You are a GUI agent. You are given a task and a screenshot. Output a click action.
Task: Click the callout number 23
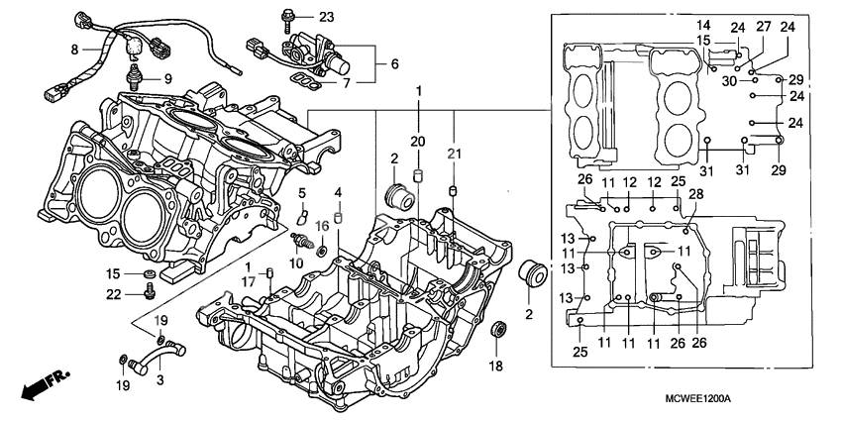(327, 17)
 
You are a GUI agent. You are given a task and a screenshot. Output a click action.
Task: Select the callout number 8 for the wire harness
(74, 48)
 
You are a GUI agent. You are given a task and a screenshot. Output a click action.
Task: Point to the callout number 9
(166, 79)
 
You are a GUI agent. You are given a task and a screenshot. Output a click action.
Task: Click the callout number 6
(394, 63)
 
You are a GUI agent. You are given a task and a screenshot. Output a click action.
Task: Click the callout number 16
(321, 227)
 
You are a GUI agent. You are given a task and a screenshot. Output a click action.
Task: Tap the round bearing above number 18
(500, 331)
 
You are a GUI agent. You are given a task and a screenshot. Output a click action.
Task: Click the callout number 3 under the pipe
(161, 378)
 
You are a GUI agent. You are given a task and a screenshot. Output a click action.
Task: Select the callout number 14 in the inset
(703, 24)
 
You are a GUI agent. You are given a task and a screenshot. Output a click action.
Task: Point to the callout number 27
(764, 27)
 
